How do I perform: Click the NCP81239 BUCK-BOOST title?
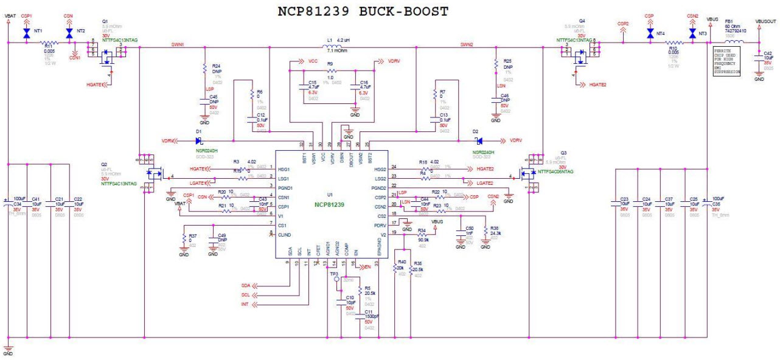tap(363, 11)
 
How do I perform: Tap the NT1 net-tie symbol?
tap(26, 34)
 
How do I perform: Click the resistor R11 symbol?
tap(49, 43)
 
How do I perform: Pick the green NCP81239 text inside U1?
tap(330, 205)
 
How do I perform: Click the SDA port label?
tap(246, 285)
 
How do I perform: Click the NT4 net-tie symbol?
tap(650, 34)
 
